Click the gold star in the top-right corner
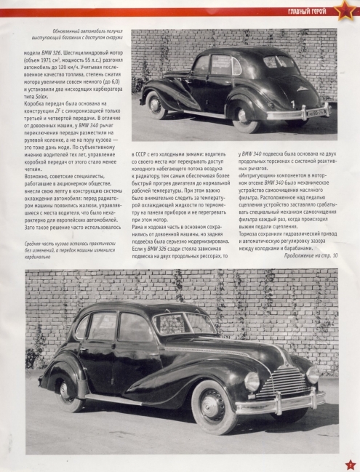tap(342, 9)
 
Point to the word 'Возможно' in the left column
tap(39, 175)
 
